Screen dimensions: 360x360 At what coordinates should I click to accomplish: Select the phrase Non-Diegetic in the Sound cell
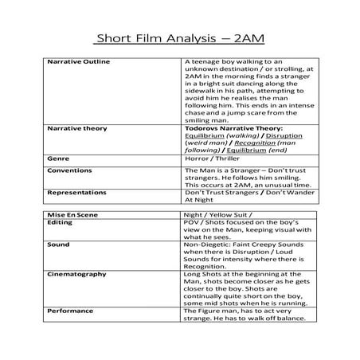click(x=205, y=247)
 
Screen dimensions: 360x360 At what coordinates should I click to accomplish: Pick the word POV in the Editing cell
click(x=191, y=224)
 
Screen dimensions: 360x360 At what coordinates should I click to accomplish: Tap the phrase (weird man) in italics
click(x=206, y=143)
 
